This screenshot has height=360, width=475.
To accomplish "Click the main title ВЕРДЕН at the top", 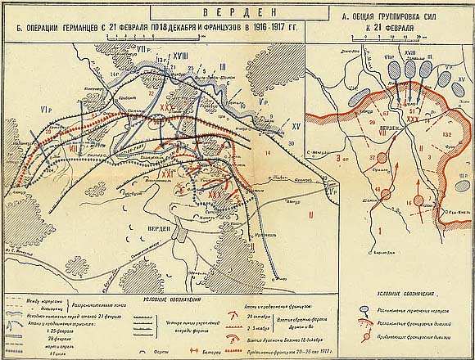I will click(237, 13).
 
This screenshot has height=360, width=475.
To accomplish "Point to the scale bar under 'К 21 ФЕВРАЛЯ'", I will click(394, 38).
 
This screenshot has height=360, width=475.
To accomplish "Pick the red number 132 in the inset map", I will click(446, 134).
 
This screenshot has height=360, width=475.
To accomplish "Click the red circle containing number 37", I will click(372, 157).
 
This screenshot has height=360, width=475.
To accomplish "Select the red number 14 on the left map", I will click(267, 153).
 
